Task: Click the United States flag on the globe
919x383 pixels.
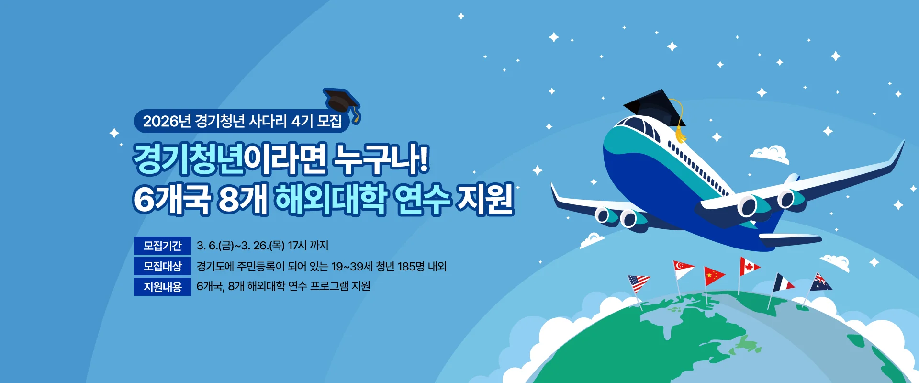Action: point(639,283)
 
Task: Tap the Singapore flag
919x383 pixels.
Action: point(683,269)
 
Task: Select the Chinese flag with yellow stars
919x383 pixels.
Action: point(714,275)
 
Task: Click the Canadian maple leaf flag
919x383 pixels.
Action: point(749,266)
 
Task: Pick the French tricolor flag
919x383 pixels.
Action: point(783,282)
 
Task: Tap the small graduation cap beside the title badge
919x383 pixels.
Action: point(342,101)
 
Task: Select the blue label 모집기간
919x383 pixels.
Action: point(162,246)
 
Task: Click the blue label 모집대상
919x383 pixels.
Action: point(162,266)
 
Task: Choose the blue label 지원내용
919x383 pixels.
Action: point(162,287)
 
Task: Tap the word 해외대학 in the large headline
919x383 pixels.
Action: point(330,199)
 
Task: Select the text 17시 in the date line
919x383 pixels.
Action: point(297,246)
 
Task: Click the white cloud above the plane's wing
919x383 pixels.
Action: point(770,154)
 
